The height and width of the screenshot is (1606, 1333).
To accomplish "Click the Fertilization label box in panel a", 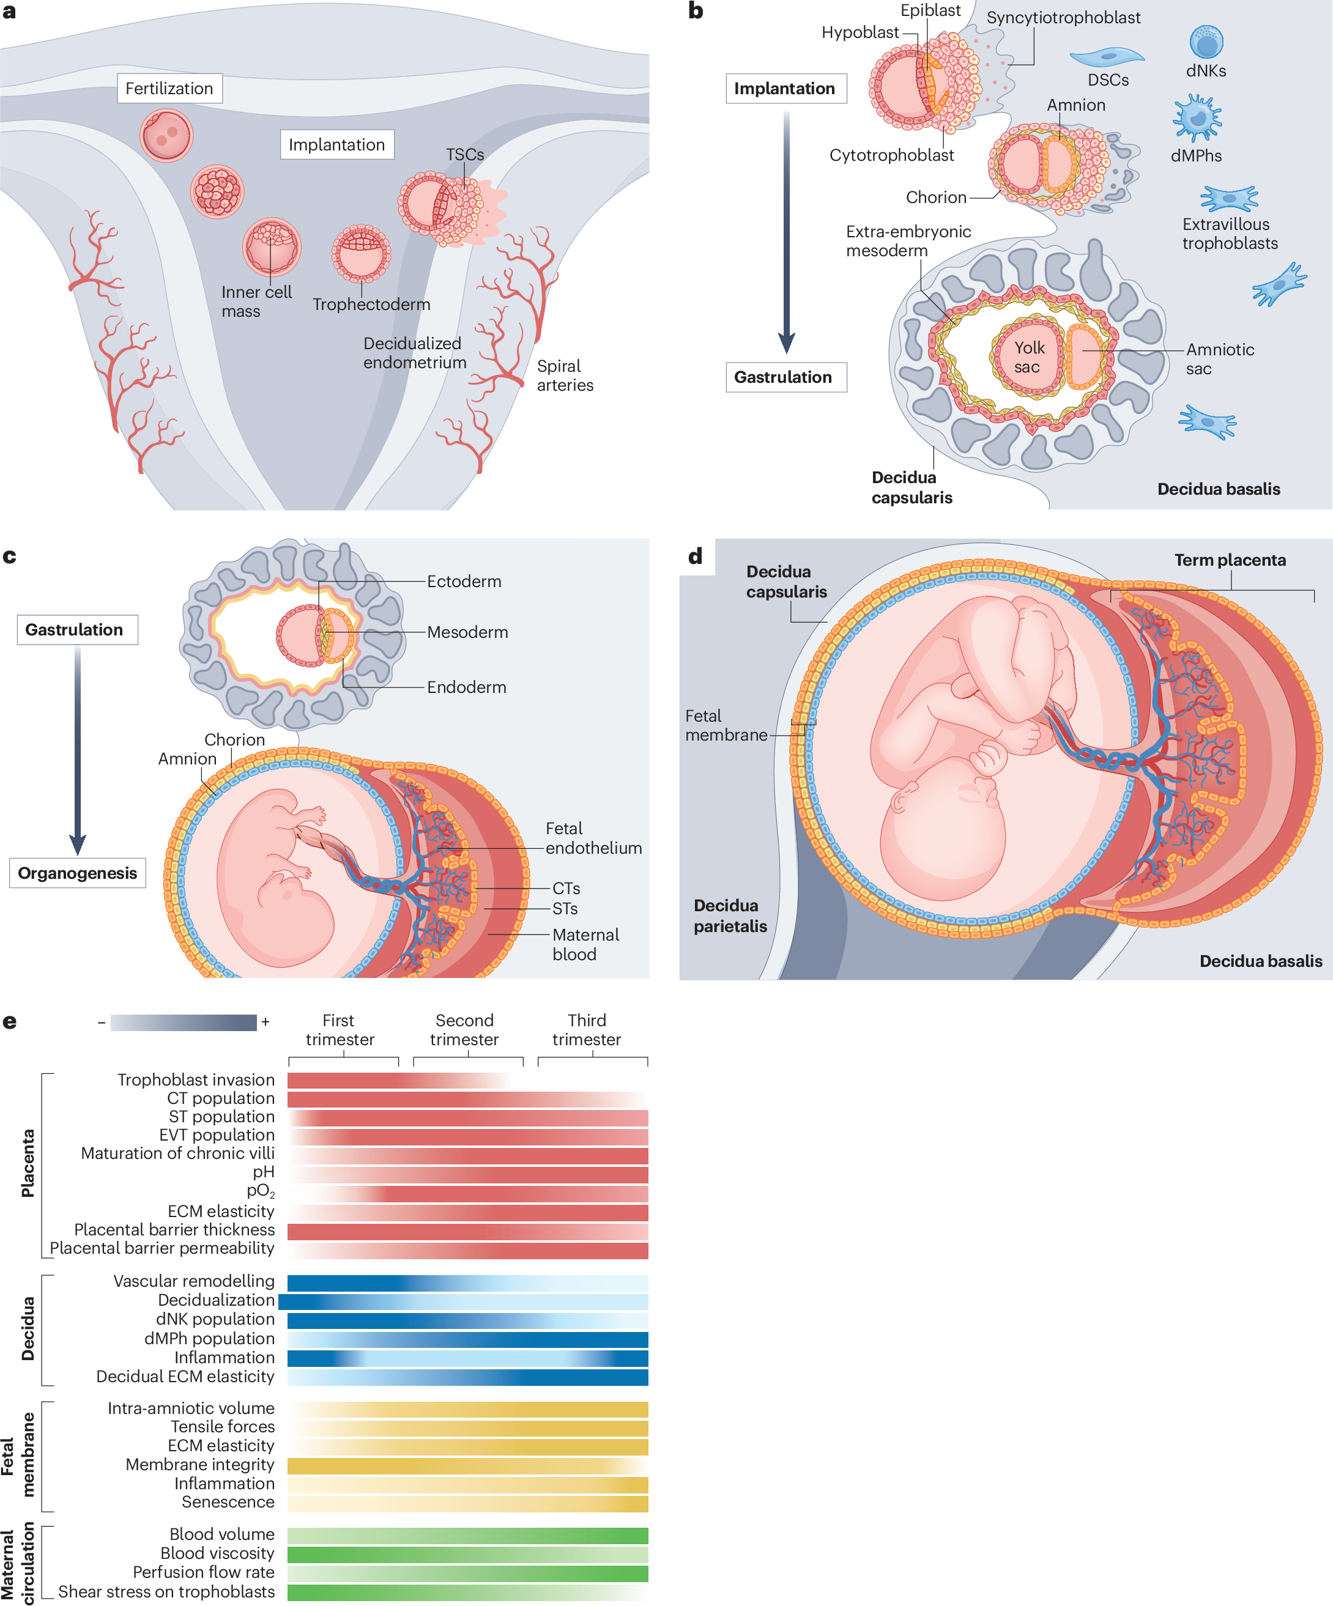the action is tap(169, 89).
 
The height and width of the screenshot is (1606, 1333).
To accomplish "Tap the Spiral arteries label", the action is tap(565, 376).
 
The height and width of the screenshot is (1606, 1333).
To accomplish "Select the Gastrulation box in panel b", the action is tap(785, 377).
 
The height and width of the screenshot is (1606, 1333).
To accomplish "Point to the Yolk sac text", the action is tap(1028, 357).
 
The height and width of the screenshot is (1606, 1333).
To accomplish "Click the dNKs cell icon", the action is tap(1206, 42).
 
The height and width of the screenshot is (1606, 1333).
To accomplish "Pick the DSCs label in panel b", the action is tap(1108, 80).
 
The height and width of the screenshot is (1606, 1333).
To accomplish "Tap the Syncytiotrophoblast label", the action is tap(1063, 18).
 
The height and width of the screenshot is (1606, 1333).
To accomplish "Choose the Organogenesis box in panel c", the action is tap(77, 873).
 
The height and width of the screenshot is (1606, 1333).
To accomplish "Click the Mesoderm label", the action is tap(467, 632).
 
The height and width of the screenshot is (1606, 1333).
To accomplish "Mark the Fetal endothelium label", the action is tap(593, 838).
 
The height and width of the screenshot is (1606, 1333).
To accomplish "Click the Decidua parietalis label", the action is tap(730, 916).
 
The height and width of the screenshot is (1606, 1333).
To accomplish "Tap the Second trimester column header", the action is tap(464, 1029).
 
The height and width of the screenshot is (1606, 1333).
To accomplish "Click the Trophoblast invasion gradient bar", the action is tap(398, 1080).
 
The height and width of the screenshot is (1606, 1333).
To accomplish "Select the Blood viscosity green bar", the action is tap(468, 1554).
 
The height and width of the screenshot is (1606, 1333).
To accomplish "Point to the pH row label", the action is tap(263, 1172).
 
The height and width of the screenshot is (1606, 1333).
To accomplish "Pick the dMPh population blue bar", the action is tap(468, 1339).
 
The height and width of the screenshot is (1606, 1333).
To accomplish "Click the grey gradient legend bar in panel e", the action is tap(184, 1023).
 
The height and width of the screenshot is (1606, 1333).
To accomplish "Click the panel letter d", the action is tap(695, 556).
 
